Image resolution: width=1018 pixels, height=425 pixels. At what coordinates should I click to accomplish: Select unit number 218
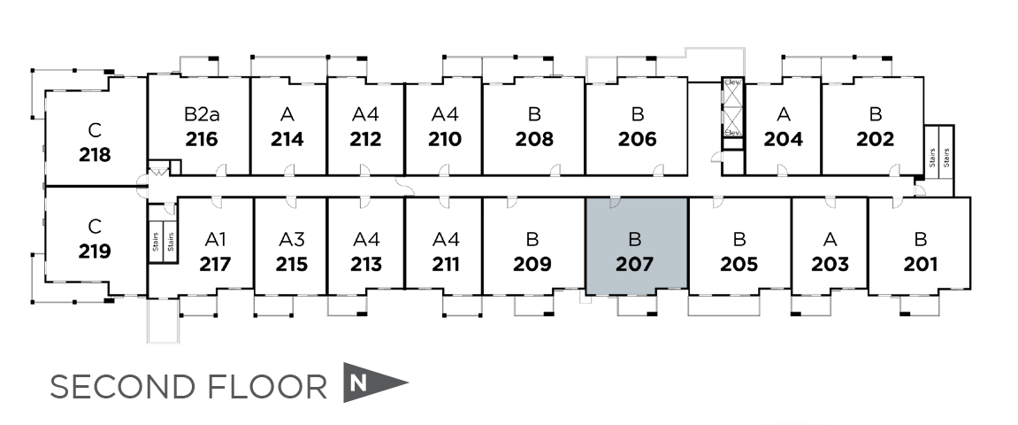95,155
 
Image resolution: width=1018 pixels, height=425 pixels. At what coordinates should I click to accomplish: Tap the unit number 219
95,251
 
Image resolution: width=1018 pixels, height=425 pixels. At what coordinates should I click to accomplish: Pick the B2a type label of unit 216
202,114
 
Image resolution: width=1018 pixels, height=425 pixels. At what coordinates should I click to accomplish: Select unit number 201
921,264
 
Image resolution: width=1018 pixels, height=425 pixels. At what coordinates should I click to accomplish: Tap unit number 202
875,139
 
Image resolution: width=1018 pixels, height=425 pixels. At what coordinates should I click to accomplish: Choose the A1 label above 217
216,239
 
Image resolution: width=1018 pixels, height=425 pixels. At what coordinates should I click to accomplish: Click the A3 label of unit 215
291,239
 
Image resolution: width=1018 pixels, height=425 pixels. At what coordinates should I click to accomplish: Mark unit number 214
287,139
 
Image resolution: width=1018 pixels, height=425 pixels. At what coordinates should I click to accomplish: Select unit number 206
638,139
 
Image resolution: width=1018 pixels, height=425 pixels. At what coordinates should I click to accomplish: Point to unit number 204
783,139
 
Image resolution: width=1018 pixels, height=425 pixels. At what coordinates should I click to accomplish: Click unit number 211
446,264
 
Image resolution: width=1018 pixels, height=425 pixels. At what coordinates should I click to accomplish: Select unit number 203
830,264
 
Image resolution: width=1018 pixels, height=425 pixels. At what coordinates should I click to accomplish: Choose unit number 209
532,264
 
